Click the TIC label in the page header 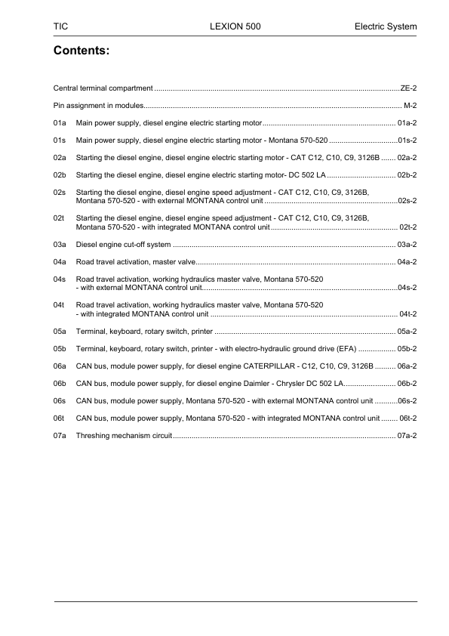click(x=61, y=26)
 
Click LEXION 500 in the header click(x=235, y=26)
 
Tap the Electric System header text click(x=386, y=26)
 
